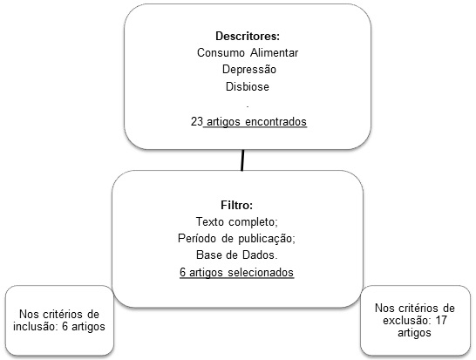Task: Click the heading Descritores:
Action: click(248, 36)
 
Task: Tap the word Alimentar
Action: click(275, 53)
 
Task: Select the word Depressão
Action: click(249, 70)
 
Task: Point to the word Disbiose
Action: click(248, 87)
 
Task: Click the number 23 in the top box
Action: click(197, 121)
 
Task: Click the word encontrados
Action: click(276, 122)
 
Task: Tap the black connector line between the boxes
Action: click(242, 160)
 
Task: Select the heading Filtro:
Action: click(237, 205)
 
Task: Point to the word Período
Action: click(197, 238)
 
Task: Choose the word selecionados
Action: click(261, 272)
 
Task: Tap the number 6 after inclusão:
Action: click(65, 327)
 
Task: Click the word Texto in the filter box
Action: click(209, 222)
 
